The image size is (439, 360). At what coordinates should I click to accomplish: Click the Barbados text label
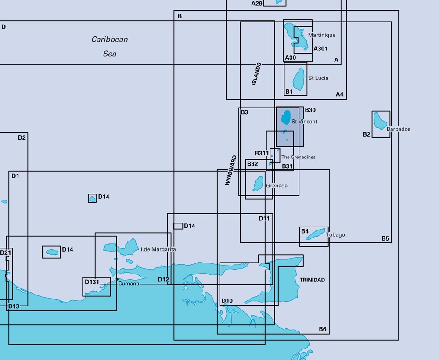tap(399, 130)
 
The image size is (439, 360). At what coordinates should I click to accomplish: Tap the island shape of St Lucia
tap(299, 79)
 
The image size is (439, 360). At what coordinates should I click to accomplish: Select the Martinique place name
tap(322, 35)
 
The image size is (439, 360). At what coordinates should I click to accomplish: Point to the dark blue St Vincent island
tap(286, 117)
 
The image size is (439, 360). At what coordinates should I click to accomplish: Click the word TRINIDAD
tap(312, 280)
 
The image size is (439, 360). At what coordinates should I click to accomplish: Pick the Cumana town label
tap(129, 284)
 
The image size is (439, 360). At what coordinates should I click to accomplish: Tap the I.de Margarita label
tap(158, 249)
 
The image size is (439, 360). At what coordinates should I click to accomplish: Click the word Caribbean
tap(110, 40)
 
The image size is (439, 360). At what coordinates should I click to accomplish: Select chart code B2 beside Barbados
tap(367, 134)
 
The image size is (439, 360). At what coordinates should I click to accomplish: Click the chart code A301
tap(320, 49)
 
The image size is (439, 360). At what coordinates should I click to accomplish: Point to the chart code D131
tap(92, 282)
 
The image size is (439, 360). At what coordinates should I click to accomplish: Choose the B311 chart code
tap(262, 153)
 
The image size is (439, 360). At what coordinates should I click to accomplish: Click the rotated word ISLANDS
tap(256, 74)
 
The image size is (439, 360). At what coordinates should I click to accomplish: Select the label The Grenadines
tap(299, 157)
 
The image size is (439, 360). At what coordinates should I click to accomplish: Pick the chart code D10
tap(227, 301)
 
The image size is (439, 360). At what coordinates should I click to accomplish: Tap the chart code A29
tap(257, 4)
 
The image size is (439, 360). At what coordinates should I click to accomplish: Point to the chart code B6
tap(323, 329)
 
